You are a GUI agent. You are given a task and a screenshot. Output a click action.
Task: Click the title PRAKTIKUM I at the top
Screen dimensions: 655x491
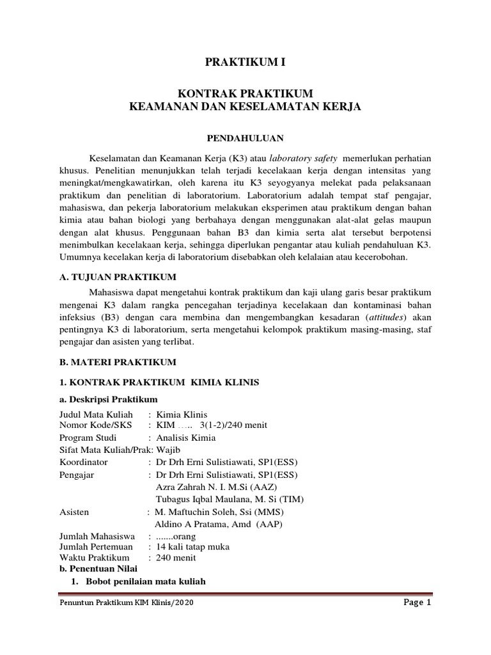pyautogui.click(x=245, y=62)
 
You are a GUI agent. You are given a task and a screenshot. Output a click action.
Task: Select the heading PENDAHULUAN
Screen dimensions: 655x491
pyautogui.click(x=245, y=138)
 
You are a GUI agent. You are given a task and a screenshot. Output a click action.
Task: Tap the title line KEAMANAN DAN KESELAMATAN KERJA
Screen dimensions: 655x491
pyautogui.click(x=245, y=108)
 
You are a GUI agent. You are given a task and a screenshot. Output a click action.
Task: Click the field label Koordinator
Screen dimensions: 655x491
pyautogui.click(x=84, y=462)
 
